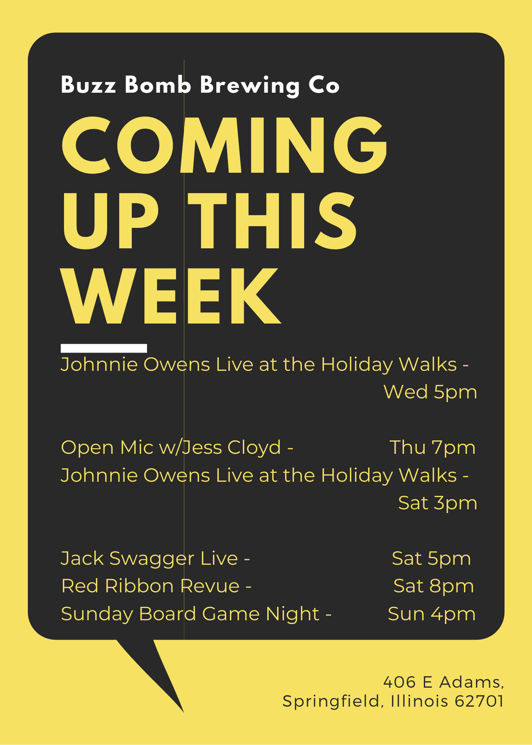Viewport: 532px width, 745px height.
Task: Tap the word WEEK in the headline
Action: [x=171, y=296]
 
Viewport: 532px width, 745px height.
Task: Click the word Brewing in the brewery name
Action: [x=250, y=86]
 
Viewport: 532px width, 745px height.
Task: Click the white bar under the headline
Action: [x=104, y=348]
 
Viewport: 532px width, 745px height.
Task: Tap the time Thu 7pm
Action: [x=433, y=448]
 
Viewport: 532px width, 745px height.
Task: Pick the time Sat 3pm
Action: [x=438, y=503]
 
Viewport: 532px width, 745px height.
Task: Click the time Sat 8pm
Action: [x=434, y=586]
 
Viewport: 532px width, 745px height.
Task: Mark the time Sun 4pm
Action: [x=432, y=614]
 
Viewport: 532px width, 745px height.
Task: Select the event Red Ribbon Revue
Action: [x=150, y=586]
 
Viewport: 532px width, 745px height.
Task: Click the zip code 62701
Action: [x=479, y=701]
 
